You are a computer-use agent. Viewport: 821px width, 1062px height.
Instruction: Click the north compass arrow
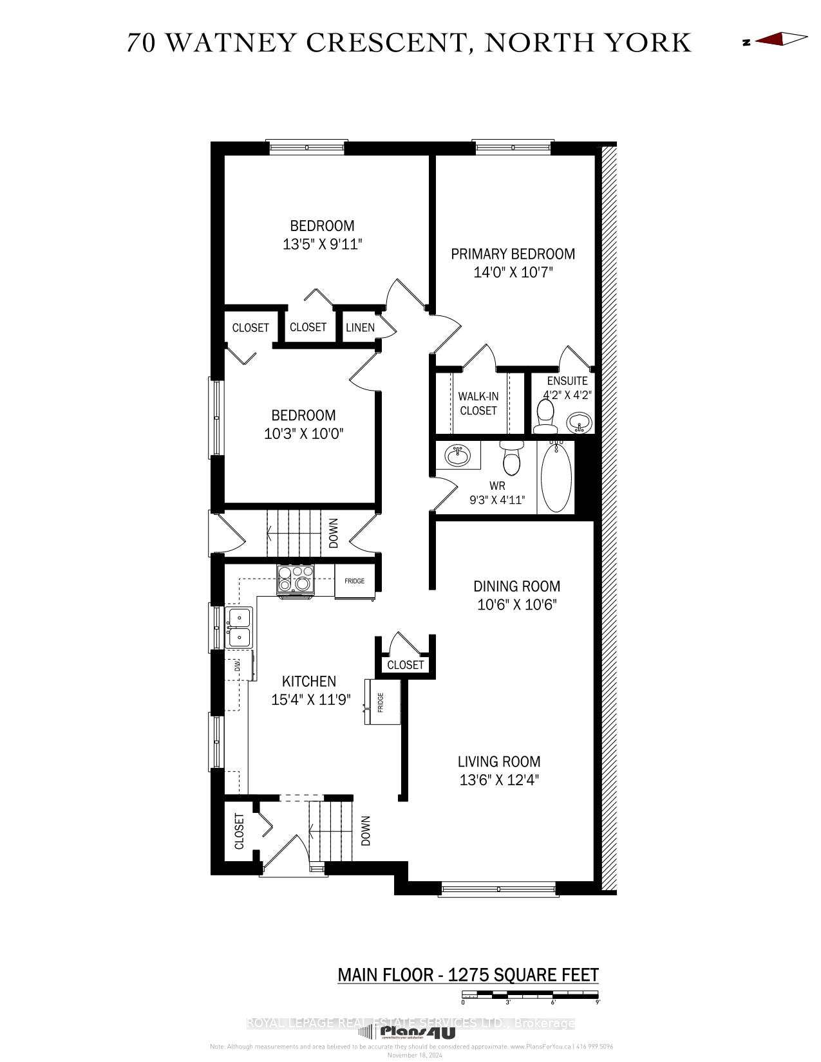781,40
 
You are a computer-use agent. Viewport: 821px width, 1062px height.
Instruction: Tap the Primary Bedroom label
513,254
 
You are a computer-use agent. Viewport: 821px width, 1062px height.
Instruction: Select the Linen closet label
360,328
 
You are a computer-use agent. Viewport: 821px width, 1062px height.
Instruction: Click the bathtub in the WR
556,477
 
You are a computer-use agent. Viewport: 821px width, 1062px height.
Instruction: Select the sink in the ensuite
580,423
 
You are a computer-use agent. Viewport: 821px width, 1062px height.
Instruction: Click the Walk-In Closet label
478,404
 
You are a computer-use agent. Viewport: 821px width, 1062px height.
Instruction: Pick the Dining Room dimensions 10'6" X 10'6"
516,605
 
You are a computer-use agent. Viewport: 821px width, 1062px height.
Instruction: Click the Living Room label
499,762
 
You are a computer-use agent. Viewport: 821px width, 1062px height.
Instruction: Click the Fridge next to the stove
354,581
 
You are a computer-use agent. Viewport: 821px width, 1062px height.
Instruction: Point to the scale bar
531,996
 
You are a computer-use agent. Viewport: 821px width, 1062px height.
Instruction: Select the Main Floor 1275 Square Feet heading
468,975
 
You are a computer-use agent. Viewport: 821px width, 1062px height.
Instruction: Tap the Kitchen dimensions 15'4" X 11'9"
310,700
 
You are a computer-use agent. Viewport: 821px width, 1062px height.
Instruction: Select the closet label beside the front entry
240,831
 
